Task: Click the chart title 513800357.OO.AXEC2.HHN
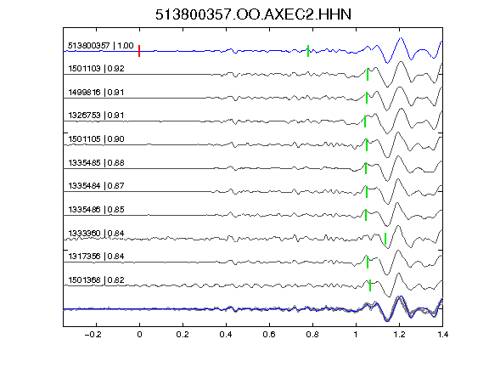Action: [253, 14]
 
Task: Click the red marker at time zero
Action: [139, 51]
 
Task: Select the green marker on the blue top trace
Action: [308, 51]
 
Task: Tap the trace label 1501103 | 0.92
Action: [96, 68]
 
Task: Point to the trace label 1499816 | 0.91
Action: [96, 92]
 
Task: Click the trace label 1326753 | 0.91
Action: [96, 116]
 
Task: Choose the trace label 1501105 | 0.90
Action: [96, 138]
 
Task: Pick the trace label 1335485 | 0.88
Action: [96, 162]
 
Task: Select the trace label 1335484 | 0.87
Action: [96, 186]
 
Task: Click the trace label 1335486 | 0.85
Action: [96, 209]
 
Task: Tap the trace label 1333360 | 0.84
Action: [96, 233]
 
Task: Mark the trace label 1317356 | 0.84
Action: [96, 257]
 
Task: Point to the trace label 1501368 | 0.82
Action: [96, 280]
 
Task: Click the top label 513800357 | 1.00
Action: [101, 46]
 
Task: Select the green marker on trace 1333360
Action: [385, 239]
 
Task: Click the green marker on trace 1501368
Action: [370, 285]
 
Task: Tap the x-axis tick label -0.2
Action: [93, 335]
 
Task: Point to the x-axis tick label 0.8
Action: [312, 335]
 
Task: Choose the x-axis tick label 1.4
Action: [442, 335]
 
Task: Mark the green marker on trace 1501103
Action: [368, 75]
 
